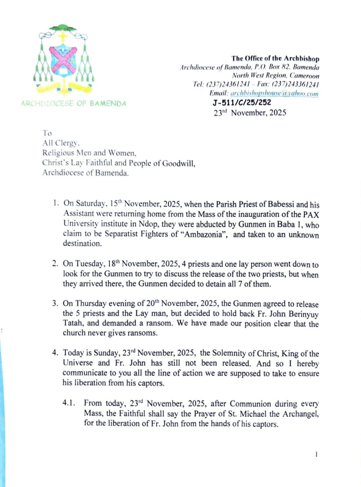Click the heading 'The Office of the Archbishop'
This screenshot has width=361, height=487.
point(275,58)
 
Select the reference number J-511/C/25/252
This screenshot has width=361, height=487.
point(241,103)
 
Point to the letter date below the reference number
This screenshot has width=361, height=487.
point(250,113)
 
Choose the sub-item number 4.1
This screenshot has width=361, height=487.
point(69,403)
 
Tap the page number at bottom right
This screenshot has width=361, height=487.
point(317,454)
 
